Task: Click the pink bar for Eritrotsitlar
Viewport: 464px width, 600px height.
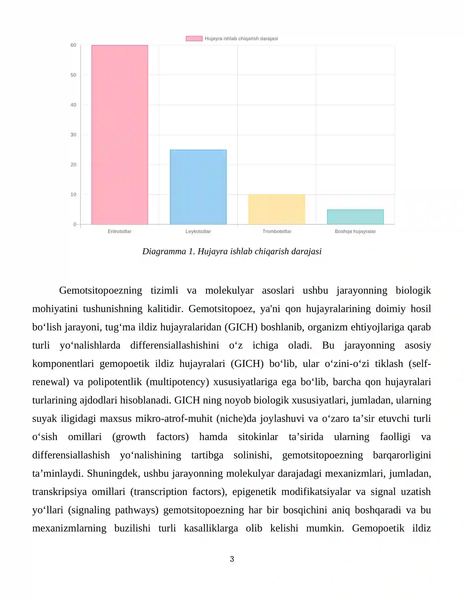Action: click(119, 135)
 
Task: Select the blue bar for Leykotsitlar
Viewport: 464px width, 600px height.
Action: click(198, 187)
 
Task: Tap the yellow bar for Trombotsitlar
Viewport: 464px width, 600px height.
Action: click(277, 209)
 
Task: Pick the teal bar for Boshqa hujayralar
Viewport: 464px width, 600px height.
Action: click(355, 217)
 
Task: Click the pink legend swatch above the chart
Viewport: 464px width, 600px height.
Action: click(194, 39)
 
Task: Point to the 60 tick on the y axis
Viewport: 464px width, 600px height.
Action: click(73, 45)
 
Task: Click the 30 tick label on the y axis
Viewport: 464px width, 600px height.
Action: click(73, 135)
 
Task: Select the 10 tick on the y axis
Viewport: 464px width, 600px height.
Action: click(73, 194)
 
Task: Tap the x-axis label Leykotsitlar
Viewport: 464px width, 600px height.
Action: click(198, 231)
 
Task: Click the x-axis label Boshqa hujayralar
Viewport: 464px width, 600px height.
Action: click(355, 231)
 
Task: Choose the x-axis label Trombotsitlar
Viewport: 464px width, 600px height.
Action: click(277, 231)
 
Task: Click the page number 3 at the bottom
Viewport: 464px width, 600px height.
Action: click(232, 559)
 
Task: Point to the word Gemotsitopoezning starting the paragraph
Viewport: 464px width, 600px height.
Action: click(100, 290)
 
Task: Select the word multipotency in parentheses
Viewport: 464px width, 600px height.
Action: click(177, 382)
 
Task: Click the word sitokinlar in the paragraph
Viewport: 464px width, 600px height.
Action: click(258, 437)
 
